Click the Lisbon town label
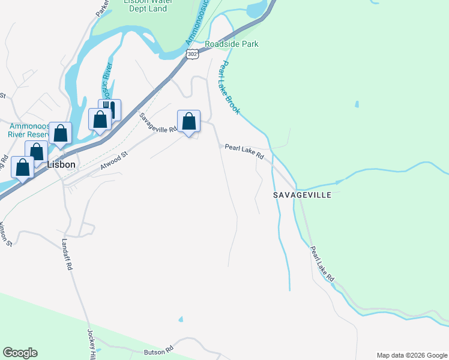tap(61, 164)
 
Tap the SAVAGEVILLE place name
tap(303, 195)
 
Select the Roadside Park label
tap(231, 44)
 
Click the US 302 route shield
tap(191, 54)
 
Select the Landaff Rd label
tap(67, 254)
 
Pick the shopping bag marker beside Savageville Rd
tap(188, 122)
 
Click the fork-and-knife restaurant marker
tap(110, 110)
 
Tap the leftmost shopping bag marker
tap(23, 168)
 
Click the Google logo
tap(20, 353)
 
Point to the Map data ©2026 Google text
tap(412, 355)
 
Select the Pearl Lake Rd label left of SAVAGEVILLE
tap(244, 151)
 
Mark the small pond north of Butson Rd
tap(181, 319)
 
